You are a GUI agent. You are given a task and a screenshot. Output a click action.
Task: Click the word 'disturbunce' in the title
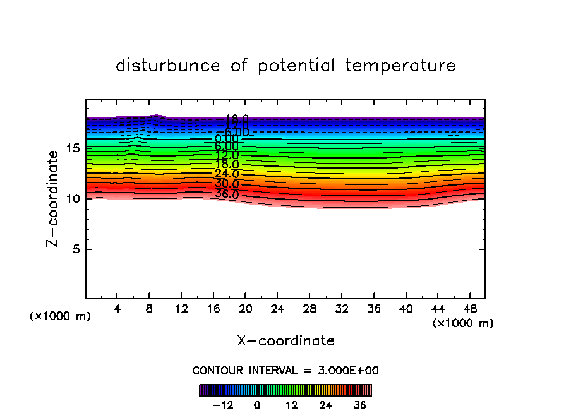pyautogui.click(x=168, y=66)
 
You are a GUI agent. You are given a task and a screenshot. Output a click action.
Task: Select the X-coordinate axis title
pyautogui.click(x=285, y=341)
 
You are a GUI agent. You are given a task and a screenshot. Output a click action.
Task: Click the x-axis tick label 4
pyautogui.click(x=117, y=309)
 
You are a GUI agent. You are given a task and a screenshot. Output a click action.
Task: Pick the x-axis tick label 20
pyautogui.click(x=245, y=309)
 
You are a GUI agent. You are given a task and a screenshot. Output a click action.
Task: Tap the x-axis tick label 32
pyautogui.click(x=341, y=309)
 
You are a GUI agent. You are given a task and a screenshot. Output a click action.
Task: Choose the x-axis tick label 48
pyautogui.click(x=469, y=309)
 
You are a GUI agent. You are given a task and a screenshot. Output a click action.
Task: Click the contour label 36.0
pyautogui.click(x=227, y=194)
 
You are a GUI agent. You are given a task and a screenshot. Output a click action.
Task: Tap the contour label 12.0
pyautogui.click(x=227, y=155)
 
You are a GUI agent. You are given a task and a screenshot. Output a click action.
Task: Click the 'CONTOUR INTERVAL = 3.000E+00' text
pyautogui.click(x=285, y=371)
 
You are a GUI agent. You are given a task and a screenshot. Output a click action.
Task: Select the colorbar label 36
pyautogui.click(x=359, y=405)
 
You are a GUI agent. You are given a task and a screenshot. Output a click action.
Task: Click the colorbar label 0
pyautogui.click(x=257, y=405)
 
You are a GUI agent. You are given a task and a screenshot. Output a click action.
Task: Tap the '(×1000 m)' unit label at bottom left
pyautogui.click(x=61, y=316)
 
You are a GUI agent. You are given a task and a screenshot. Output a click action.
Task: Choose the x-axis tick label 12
pyautogui.click(x=181, y=309)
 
